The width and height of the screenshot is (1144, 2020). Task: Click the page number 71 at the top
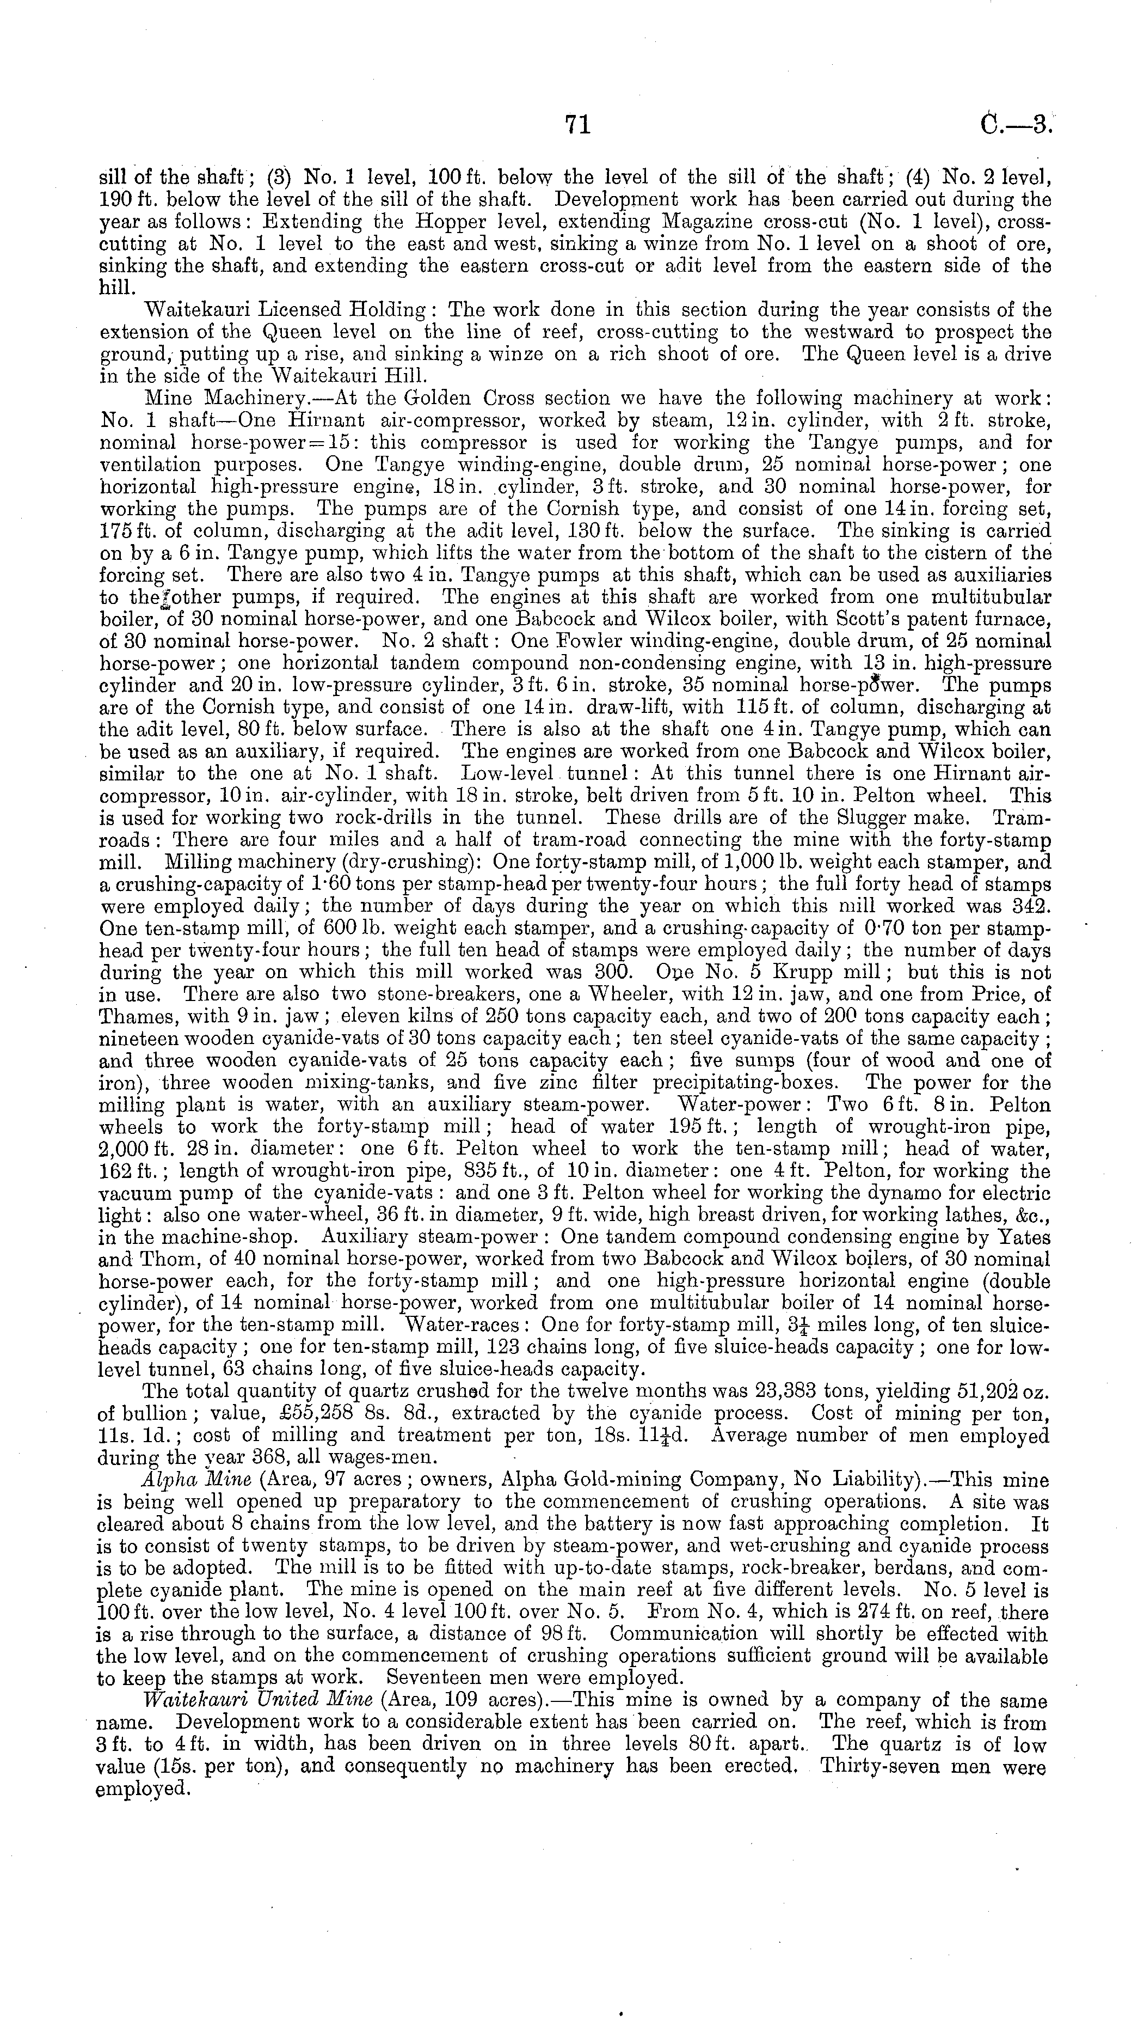(577, 124)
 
